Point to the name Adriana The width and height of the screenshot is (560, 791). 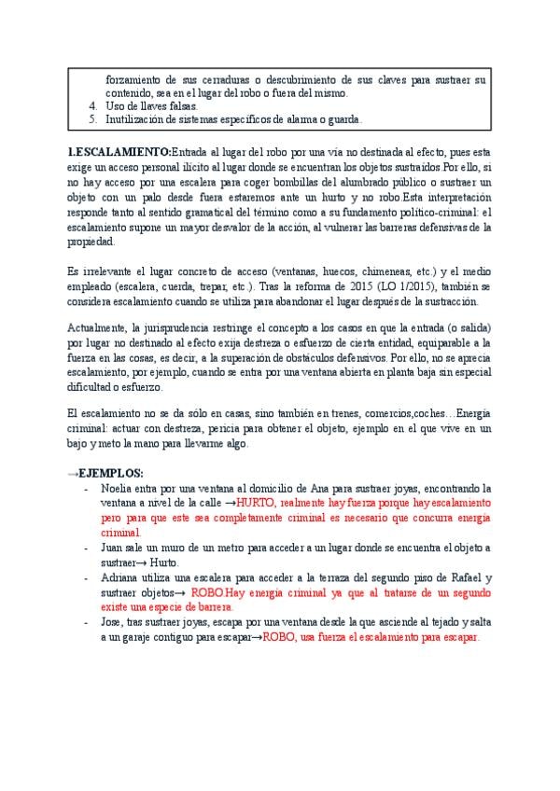point(121,578)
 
